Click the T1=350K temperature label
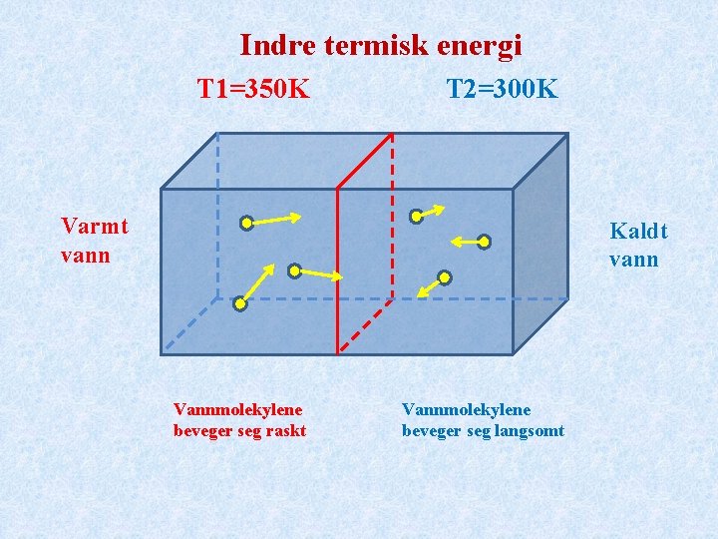pos(253,90)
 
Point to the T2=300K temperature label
pos(502,90)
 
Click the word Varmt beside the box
pos(95,227)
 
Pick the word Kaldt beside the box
pos(638,232)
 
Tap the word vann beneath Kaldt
pos(634,260)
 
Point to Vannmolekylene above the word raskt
pos(237,409)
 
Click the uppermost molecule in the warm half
pos(246,224)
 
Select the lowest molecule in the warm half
pos(239,304)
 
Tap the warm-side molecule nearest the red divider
pos(294,270)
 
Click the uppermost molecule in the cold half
pos(417,217)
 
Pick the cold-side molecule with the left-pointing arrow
pos(484,241)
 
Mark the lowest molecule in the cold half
pos(445,276)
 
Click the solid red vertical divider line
pos(338,269)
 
